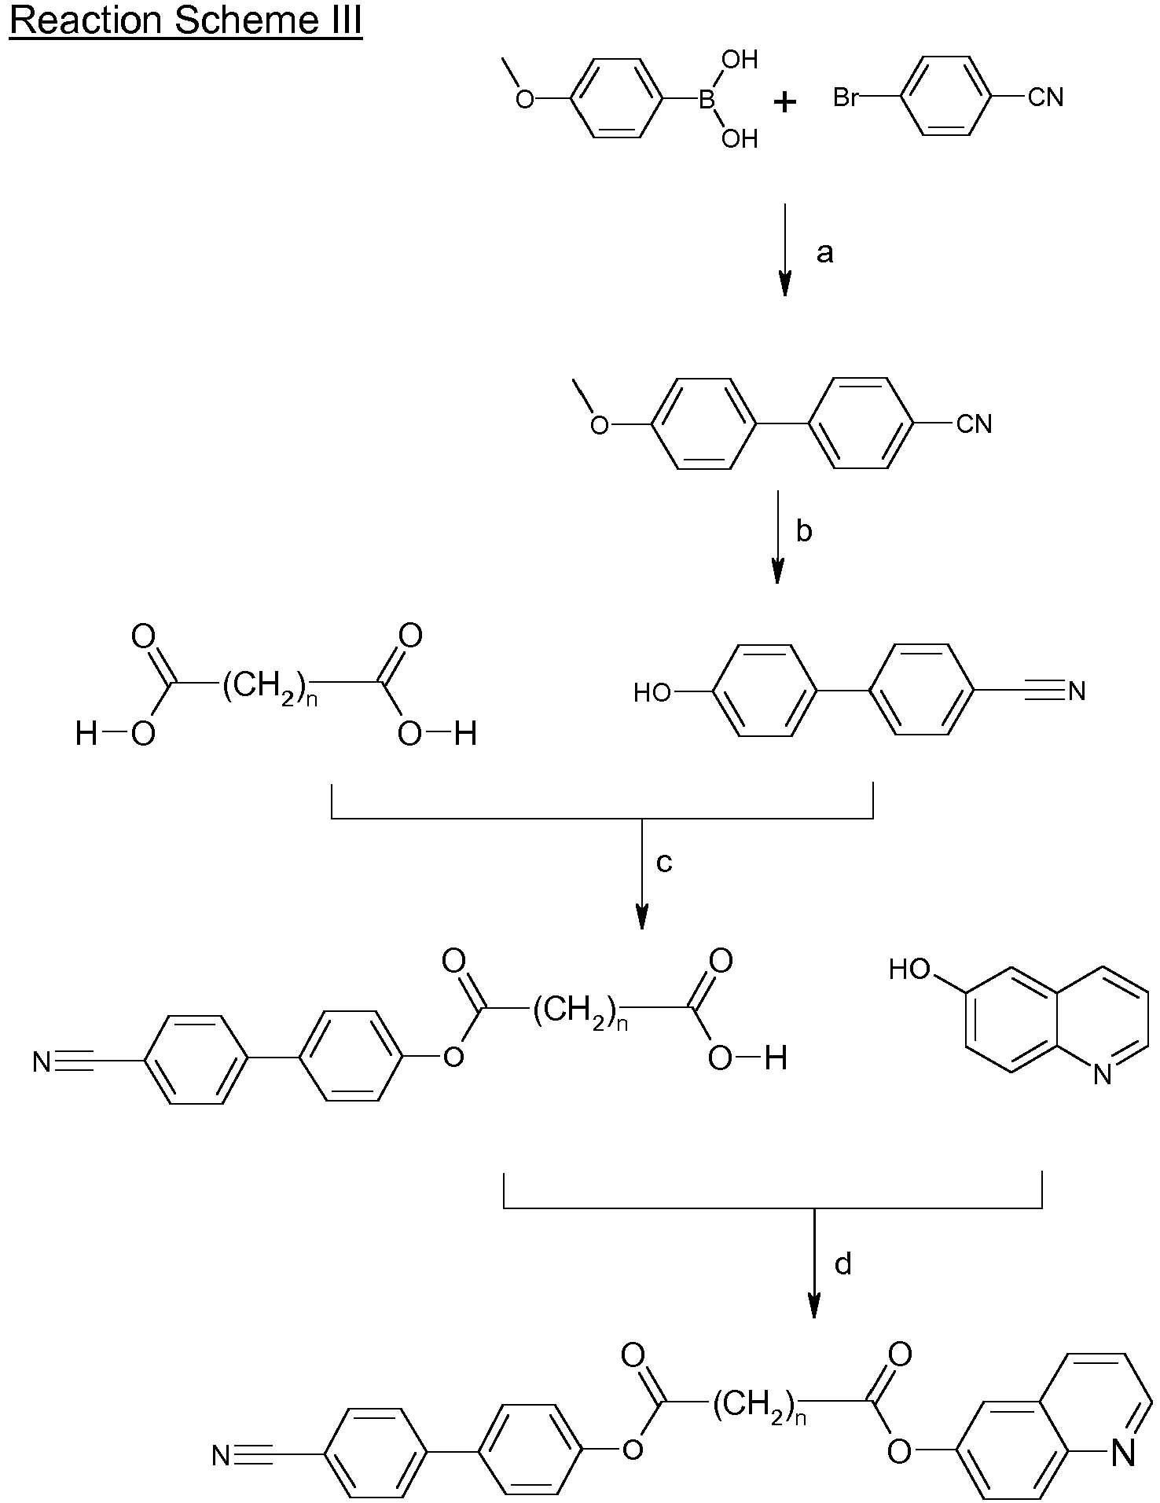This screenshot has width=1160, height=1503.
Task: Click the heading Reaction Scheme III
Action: (185, 21)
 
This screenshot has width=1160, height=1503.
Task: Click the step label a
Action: (824, 253)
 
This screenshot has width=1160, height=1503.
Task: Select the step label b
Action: (803, 531)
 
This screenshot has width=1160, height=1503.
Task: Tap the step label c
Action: (664, 863)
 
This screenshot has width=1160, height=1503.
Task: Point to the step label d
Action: (842, 1263)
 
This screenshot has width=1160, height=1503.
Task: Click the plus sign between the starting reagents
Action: (784, 101)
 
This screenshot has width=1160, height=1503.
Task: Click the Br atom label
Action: (845, 98)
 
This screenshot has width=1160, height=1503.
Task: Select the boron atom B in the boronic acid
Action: (707, 99)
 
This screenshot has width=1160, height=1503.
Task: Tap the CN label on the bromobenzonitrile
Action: (1046, 98)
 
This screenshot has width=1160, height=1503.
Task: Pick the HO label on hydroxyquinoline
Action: (910, 970)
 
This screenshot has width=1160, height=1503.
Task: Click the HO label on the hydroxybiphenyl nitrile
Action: (652, 692)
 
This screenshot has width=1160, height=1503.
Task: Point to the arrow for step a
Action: (784, 250)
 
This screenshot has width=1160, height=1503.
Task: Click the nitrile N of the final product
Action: (222, 1457)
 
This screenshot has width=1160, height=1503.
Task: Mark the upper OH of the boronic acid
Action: (740, 59)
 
